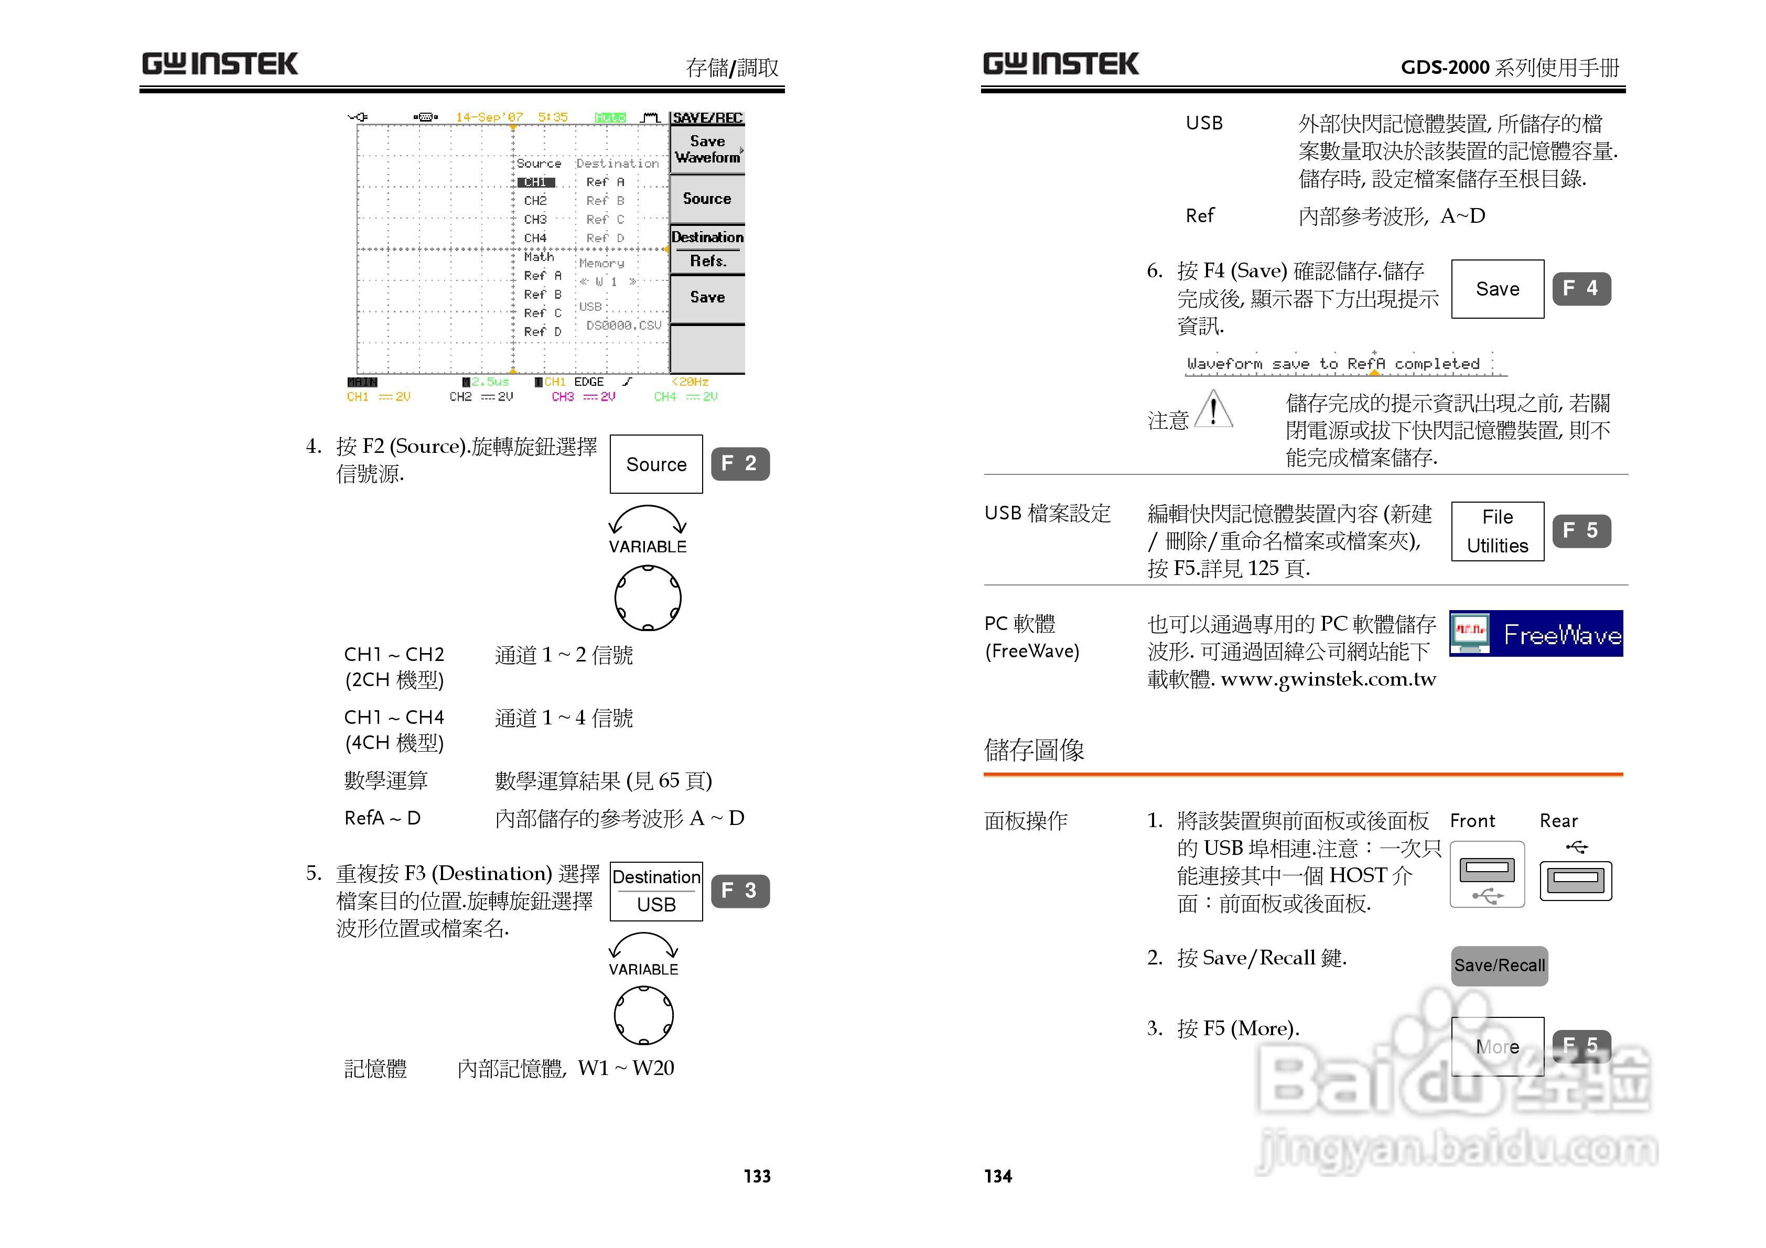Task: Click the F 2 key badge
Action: coord(739,464)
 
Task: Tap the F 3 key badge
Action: coord(739,891)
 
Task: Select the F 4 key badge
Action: coord(1580,288)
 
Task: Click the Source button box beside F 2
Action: coord(656,464)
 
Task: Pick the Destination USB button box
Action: coord(656,891)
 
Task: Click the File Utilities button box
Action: coord(1497,531)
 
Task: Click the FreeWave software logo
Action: coord(1535,634)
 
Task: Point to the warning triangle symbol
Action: coord(1214,408)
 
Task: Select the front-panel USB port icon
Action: coord(1487,874)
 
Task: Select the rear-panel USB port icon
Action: coord(1575,880)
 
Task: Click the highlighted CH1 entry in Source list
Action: coord(535,182)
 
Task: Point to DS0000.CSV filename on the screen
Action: coord(623,325)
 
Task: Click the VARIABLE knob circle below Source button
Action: coord(648,598)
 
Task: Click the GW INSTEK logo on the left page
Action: coord(220,64)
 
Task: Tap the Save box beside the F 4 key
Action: coord(1497,289)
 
